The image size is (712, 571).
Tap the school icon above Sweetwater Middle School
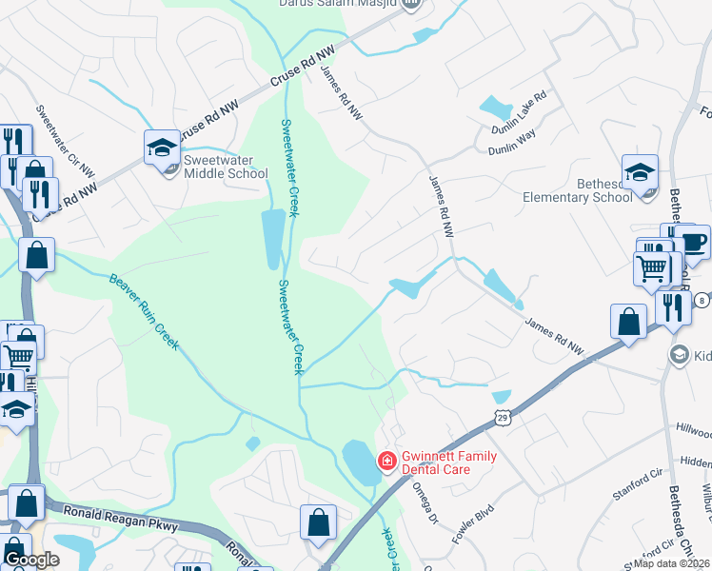(162, 148)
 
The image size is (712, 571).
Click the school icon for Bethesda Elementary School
(640, 172)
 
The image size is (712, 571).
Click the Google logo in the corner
(30, 560)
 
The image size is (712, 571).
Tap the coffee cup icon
(693, 242)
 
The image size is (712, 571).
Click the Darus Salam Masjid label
(340, 4)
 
